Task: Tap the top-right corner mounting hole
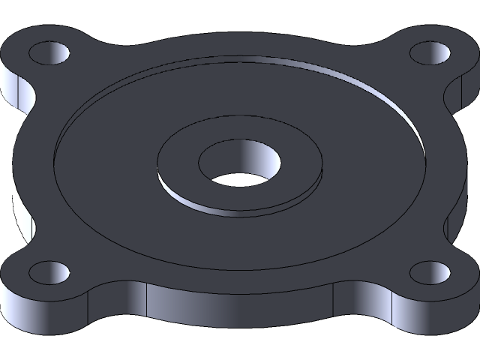click(x=431, y=54)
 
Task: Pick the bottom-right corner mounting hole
click(x=431, y=272)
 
